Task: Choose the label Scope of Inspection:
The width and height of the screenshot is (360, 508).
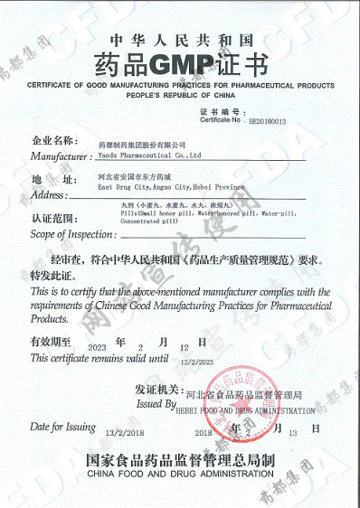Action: click(x=68, y=234)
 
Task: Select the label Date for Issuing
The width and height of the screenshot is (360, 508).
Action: click(x=62, y=425)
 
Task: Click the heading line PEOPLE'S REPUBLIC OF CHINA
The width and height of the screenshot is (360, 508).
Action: click(x=179, y=93)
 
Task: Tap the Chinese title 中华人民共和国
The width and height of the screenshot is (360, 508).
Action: click(x=179, y=39)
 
